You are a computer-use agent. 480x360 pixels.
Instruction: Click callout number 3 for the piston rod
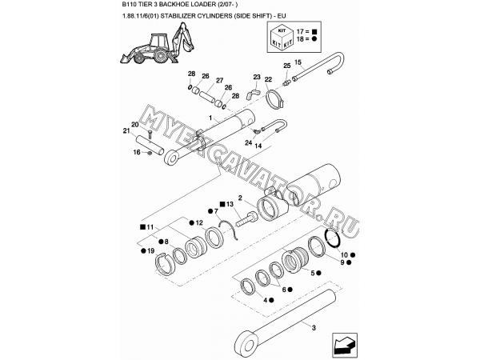(314, 327)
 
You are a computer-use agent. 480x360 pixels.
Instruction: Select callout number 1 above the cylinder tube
(209, 118)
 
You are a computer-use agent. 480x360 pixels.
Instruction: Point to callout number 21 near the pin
(126, 131)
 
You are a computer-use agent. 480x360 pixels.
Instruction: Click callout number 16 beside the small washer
(137, 151)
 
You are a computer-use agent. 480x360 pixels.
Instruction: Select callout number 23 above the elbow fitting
(258, 77)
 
